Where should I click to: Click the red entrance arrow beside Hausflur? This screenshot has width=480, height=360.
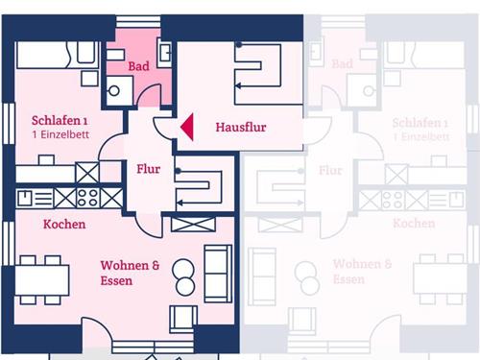[188, 127]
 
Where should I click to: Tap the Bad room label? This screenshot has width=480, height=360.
[139, 66]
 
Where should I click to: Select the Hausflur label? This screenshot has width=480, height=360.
[241, 128]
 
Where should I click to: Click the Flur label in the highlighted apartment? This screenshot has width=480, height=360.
[148, 169]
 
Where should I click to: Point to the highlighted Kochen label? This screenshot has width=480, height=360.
[64, 225]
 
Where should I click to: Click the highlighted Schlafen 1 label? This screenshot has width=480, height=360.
[60, 121]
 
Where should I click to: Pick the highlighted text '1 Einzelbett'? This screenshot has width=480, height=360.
[60, 134]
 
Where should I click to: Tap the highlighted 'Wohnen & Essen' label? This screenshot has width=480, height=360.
[130, 273]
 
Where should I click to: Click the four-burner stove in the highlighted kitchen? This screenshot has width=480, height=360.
[88, 198]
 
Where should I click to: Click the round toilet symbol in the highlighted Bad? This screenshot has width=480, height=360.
[114, 91]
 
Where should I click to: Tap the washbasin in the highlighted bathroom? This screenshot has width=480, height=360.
[165, 53]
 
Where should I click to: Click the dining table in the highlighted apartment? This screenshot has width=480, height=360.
[42, 280]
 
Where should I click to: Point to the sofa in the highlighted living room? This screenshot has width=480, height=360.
[218, 274]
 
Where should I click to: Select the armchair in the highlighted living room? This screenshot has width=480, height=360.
[183, 320]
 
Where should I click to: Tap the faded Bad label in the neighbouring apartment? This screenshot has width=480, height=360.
[342, 64]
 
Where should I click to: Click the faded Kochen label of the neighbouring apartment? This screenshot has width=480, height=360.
[414, 224]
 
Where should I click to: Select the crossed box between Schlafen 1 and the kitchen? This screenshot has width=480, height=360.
[87, 173]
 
